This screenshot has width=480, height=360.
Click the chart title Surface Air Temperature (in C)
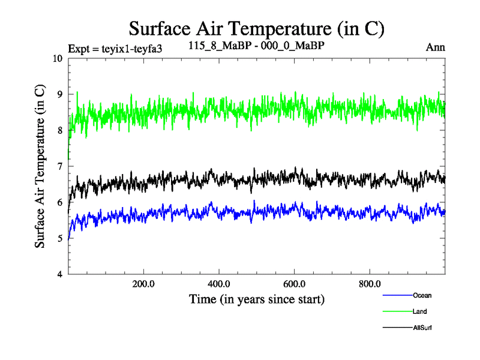[256, 28]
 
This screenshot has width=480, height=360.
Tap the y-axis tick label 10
[57, 59]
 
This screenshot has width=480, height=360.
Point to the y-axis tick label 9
[59, 95]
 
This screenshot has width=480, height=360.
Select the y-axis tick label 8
[59, 131]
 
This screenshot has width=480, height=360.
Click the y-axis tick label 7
[59, 167]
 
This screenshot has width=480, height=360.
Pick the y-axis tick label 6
[59, 203]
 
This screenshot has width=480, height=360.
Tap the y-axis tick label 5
[59, 239]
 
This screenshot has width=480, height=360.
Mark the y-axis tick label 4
[59, 275]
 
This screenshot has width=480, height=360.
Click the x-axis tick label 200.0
[143, 284]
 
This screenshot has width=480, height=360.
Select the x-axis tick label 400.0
[219, 284]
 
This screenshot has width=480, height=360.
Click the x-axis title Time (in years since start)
[256, 298]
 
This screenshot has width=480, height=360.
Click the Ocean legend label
[422, 295]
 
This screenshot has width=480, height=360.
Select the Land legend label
[420, 311]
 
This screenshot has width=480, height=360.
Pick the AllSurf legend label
[422, 328]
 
